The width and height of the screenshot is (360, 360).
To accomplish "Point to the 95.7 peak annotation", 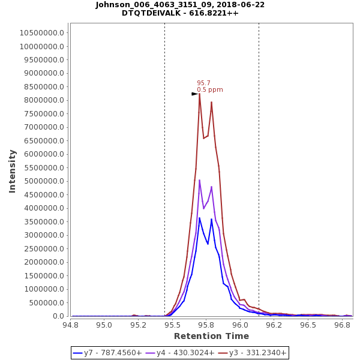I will (203, 83).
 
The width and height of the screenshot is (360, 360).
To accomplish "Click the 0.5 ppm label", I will (210, 90).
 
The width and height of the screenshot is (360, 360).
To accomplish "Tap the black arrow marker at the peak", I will (194, 94).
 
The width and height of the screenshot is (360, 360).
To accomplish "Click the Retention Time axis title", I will (211, 336).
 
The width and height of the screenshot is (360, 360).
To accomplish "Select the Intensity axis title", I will (12, 171).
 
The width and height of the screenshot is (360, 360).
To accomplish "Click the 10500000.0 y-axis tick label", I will (42, 33).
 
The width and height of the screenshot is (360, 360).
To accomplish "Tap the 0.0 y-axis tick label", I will (58, 316).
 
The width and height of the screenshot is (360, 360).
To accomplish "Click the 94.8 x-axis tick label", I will (71, 325).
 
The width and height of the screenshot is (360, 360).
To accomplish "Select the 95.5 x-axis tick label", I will (173, 325).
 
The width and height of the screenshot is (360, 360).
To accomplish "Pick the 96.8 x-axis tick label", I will (343, 325).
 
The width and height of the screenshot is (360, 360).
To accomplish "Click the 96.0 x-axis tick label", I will (241, 325).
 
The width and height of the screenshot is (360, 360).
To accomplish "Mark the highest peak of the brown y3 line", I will (199, 94).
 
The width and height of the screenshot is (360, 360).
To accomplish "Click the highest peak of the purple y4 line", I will (200, 180).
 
